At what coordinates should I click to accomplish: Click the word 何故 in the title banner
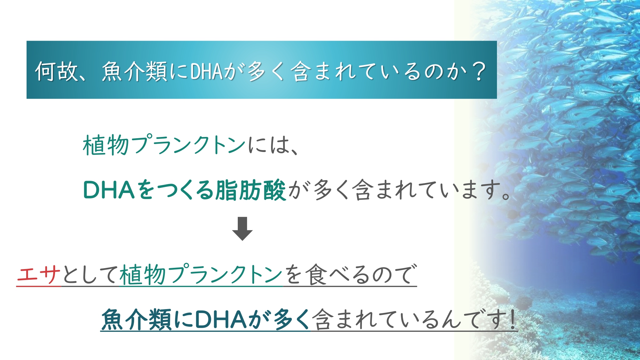click(57, 71)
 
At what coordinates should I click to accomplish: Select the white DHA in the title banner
click(206, 71)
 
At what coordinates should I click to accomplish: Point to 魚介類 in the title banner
click(135, 71)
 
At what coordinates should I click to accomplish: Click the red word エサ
click(39, 274)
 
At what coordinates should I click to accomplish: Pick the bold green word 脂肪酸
click(251, 190)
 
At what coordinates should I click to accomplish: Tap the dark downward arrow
click(242, 228)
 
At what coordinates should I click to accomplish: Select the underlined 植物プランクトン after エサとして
click(201, 274)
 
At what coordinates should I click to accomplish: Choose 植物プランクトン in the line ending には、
click(164, 145)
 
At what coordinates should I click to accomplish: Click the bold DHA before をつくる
click(108, 190)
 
